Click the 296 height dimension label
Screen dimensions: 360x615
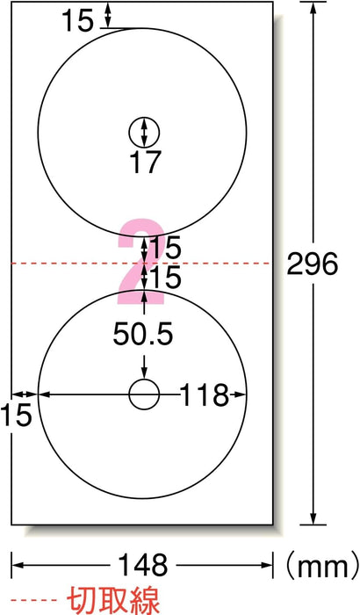click(x=313, y=264)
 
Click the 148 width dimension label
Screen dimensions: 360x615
click(x=143, y=565)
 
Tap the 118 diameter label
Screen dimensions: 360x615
click(x=204, y=394)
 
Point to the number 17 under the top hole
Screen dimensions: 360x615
click(x=145, y=162)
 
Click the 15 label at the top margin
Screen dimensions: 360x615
click(x=78, y=21)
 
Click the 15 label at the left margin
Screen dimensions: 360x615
click(x=16, y=415)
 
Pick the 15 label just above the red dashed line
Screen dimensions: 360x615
click(x=165, y=248)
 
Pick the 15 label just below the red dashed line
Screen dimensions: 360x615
click(x=165, y=277)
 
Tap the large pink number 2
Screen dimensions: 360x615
click(x=141, y=262)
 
